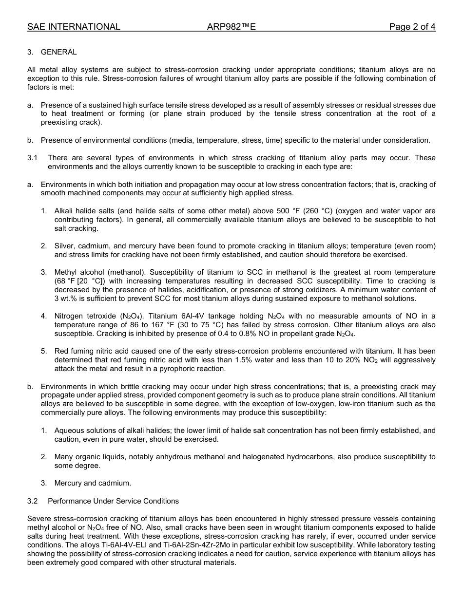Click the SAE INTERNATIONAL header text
point(74,27)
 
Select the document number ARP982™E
point(231,27)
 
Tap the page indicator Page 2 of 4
point(412,27)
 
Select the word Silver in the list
point(64,246)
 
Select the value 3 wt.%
point(68,299)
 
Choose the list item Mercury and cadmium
point(93,483)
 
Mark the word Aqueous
point(69,431)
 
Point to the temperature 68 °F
point(68,281)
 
